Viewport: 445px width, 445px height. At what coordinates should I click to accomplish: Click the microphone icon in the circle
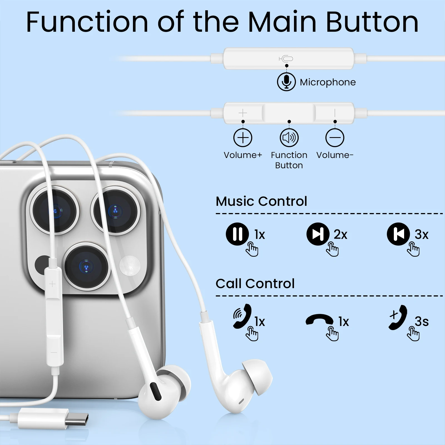coord(286,82)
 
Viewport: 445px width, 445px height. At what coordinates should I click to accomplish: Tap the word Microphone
coord(328,82)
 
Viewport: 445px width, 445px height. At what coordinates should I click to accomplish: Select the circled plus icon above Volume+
coord(243,138)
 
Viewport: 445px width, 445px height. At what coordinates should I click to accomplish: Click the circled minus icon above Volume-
coord(335,138)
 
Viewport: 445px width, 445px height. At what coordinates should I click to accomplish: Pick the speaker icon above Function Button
coord(289,138)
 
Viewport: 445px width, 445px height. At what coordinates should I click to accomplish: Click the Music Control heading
coord(261,201)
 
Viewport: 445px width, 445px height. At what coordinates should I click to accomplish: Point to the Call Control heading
coord(255,283)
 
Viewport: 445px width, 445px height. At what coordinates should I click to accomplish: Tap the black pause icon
coord(237,234)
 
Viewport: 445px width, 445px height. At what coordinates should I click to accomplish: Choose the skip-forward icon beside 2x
coord(318,234)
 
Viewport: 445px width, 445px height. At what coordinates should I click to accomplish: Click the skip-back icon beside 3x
coord(398,234)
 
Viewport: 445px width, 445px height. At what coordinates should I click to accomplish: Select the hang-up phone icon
coord(320,320)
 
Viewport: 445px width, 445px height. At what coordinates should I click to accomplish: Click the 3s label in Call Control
coord(422,322)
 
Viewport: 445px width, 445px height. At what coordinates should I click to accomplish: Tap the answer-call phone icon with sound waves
coord(242,316)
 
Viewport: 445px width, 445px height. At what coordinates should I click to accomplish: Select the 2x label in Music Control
coord(340,234)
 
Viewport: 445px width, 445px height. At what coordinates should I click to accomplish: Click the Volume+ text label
coord(243,155)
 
